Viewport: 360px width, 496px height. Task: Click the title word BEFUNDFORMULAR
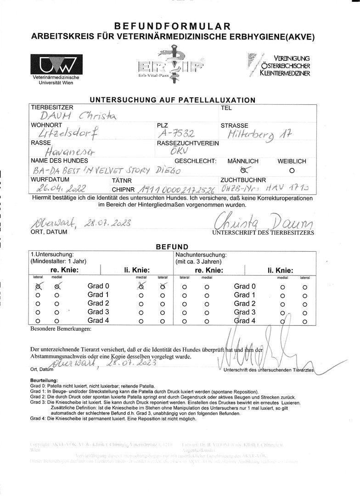[x=173, y=27]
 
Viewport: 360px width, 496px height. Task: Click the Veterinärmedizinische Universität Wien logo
[x=56, y=68]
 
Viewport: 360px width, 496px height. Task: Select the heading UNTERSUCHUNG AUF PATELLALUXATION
[x=173, y=100]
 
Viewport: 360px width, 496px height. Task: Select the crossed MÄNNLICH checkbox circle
[x=243, y=169]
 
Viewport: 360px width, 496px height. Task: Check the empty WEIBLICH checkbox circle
[x=292, y=169]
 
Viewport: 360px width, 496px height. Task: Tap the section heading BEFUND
[x=172, y=247]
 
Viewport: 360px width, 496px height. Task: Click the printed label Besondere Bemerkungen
[x=61, y=329]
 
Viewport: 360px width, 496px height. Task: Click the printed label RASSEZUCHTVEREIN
[x=188, y=143]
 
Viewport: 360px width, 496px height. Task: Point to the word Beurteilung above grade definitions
[x=44, y=381]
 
